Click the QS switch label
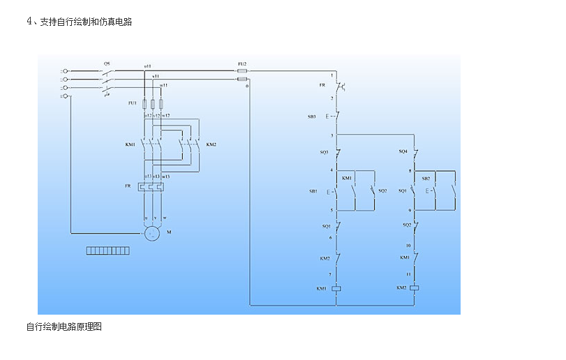click(106, 63)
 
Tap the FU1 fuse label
click(132, 103)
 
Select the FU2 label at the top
click(242, 63)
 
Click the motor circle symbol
click(153, 234)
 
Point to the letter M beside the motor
click(169, 231)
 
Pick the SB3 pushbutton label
click(312, 117)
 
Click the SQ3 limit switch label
click(325, 151)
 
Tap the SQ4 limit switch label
click(403, 151)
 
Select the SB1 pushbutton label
click(313, 190)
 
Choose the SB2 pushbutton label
click(426, 178)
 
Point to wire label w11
click(163, 84)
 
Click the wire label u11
click(147, 66)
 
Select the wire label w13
click(165, 177)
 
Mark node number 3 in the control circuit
click(332, 135)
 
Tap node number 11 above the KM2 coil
click(408, 275)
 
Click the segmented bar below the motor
click(107, 250)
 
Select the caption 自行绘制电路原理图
click(64, 327)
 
